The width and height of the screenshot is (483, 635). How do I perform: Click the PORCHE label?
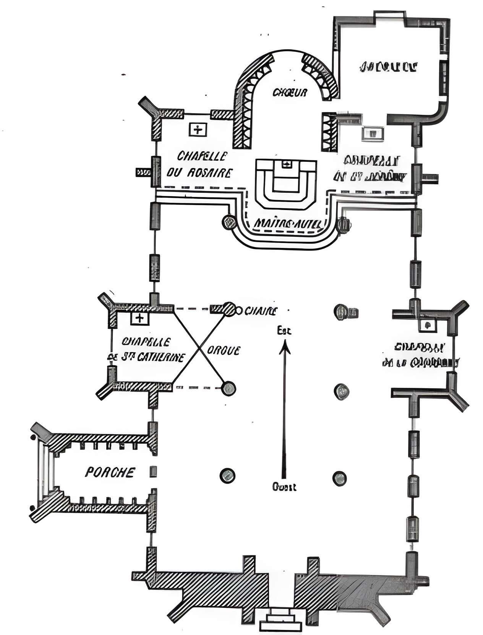(110, 472)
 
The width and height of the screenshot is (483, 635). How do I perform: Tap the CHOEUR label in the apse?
(290, 92)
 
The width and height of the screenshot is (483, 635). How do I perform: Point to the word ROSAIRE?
(209, 173)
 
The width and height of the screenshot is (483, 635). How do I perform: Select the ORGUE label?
(224, 350)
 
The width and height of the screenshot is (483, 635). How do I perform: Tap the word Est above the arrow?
(284, 331)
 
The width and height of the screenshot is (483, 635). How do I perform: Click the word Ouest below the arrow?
(284, 487)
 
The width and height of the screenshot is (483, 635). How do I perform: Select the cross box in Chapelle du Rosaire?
(198, 129)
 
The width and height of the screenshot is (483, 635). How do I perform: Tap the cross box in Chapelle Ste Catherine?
(140, 318)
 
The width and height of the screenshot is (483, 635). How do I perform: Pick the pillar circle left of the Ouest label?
(227, 476)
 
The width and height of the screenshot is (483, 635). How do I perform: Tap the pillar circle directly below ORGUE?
(229, 389)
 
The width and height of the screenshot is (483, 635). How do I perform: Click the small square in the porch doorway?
(153, 471)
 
